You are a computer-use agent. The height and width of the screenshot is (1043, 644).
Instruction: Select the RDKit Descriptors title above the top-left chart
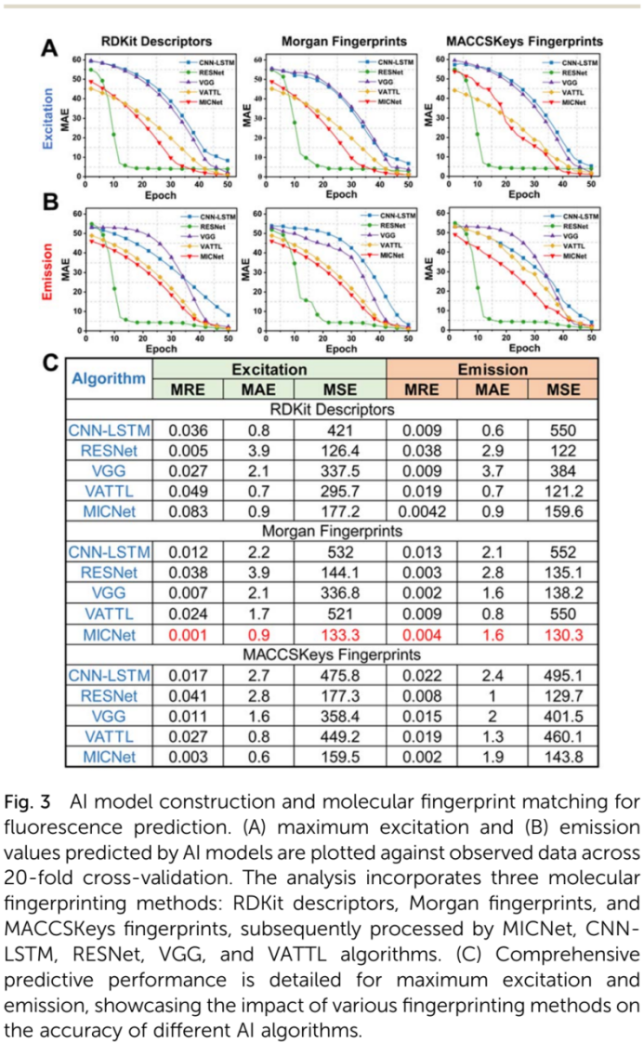click(155, 41)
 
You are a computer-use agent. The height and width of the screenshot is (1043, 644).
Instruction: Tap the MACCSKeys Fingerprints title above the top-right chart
click(524, 41)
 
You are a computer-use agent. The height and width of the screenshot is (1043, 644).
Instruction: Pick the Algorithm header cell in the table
click(110, 379)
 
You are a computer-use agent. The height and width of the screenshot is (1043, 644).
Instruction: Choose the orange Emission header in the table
click(493, 369)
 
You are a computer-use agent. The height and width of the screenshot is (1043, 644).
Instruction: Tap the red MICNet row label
click(110, 635)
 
